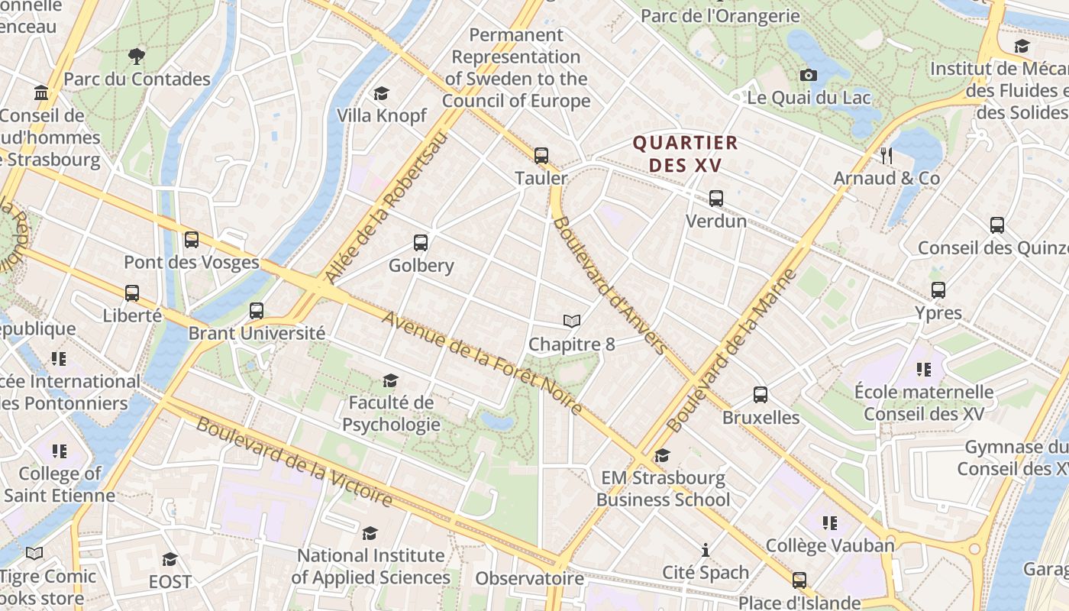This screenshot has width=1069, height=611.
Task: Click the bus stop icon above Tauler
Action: [x=541, y=156]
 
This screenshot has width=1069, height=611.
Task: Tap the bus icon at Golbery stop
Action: [x=421, y=243]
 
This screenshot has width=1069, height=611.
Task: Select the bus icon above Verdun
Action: [x=716, y=199]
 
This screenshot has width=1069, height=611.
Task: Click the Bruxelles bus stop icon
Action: [x=761, y=395]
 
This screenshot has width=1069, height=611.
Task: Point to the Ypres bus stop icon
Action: [x=938, y=290]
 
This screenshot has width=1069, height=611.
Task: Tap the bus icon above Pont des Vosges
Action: [x=192, y=240]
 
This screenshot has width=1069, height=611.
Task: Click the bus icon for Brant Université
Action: [x=257, y=311]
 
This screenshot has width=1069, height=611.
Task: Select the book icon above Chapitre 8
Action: [x=572, y=322]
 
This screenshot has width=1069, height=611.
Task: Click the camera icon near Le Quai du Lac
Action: [x=809, y=75]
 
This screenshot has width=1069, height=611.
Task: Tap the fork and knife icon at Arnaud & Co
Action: [x=887, y=156]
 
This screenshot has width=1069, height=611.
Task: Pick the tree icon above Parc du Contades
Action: [x=137, y=56]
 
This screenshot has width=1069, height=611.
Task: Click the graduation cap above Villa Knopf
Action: [x=381, y=93]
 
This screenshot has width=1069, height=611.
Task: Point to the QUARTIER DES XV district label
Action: [x=685, y=154]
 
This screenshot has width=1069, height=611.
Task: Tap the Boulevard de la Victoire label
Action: [x=294, y=461]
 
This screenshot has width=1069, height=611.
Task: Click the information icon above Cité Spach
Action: [x=706, y=550]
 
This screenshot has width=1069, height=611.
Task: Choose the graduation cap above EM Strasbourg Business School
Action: [x=663, y=456]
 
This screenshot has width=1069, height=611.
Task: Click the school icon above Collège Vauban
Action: [x=830, y=523]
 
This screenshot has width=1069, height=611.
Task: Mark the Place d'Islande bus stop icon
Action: [x=799, y=580]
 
